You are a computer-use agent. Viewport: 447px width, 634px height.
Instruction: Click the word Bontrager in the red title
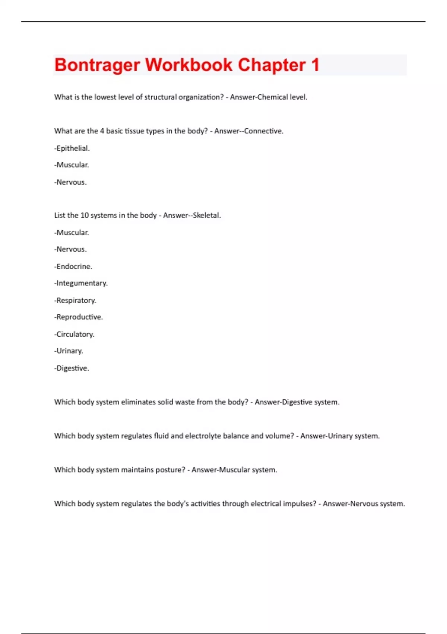pos(97,65)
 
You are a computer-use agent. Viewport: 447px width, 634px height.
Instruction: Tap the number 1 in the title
pos(315,65)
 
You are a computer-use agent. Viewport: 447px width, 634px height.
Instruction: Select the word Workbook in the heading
pos(189,65)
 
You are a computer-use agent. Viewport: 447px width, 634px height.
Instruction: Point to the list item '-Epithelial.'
pos(72,148)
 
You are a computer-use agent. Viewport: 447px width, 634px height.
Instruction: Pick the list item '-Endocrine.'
pos(73,267)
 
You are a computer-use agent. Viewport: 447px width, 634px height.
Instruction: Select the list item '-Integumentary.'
pos(81,283)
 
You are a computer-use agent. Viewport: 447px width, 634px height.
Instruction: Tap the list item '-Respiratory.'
pos(75,301)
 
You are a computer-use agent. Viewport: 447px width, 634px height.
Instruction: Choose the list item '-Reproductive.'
pos(79,317)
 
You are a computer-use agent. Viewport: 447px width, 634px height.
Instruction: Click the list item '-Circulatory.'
pos(74,335)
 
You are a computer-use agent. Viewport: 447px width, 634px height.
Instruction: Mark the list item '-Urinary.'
pos(69,351)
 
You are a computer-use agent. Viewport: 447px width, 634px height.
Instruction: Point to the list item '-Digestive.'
pos(72,368)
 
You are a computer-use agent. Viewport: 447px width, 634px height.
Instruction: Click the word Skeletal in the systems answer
pos(206,216)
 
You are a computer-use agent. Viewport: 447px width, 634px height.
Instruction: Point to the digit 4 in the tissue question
pos(102,131)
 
